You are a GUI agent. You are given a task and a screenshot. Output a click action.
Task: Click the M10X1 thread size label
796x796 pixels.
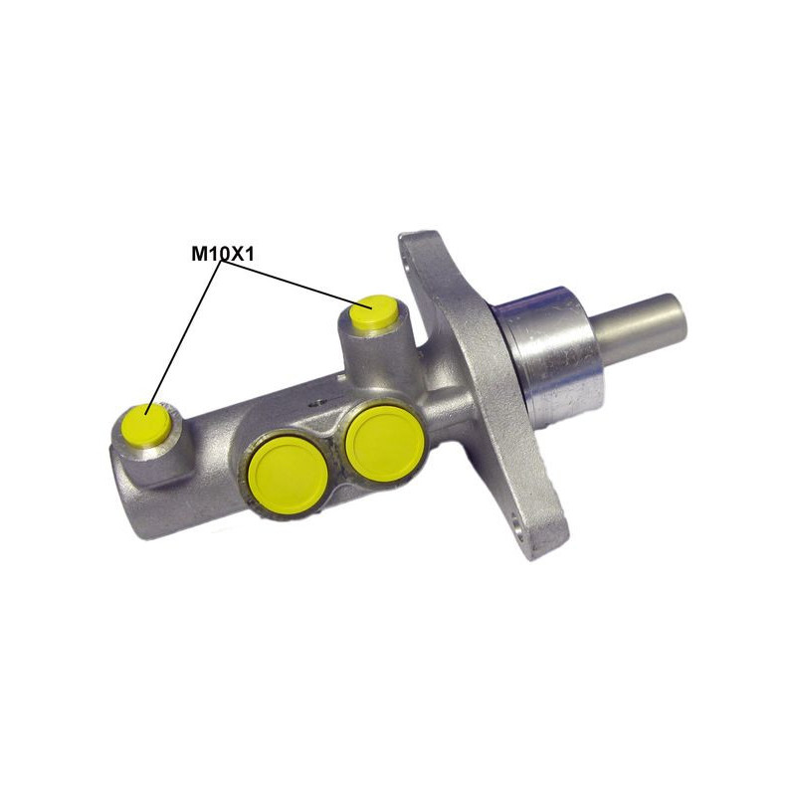(x=222, y=254)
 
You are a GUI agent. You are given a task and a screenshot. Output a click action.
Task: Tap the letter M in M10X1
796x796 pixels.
(x=198, y=254)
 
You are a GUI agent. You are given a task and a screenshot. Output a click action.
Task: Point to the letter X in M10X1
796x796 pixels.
(x=235, y=254)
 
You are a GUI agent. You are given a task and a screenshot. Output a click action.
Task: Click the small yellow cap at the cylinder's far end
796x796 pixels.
(x=146, y=425)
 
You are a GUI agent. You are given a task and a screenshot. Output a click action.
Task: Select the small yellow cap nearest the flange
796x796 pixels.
(x=375, y=311)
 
